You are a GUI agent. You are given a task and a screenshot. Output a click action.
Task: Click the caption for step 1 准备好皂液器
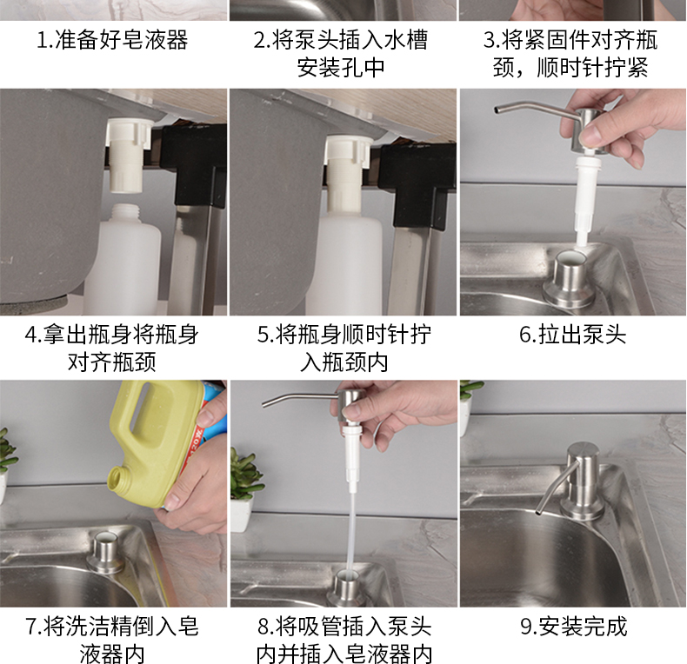tap(112, 41)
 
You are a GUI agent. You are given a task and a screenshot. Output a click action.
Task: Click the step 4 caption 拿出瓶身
tap(112, 348)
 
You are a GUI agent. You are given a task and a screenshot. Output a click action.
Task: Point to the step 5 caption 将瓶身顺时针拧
tap(343, 348)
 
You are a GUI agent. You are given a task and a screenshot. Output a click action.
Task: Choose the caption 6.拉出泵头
tap(572, 335)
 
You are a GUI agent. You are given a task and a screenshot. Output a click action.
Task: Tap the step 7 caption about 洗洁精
tap(112, 639)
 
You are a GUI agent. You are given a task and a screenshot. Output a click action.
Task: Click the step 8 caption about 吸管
tap(343, 639)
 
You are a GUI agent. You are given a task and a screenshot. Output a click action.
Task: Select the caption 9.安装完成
tap(572, 626)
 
